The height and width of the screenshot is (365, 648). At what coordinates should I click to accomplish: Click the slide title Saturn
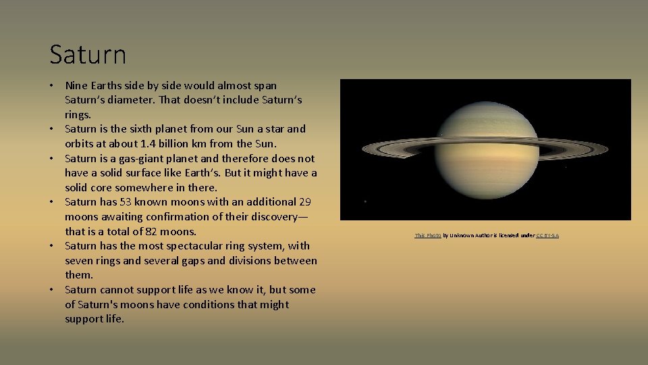(x=88, y=54)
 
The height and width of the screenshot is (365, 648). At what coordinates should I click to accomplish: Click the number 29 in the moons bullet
(x=304, y=201)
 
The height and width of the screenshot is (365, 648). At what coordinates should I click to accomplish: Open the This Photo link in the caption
(x=428, y=235)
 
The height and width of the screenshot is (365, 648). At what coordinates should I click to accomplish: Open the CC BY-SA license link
(x=547, y=235)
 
